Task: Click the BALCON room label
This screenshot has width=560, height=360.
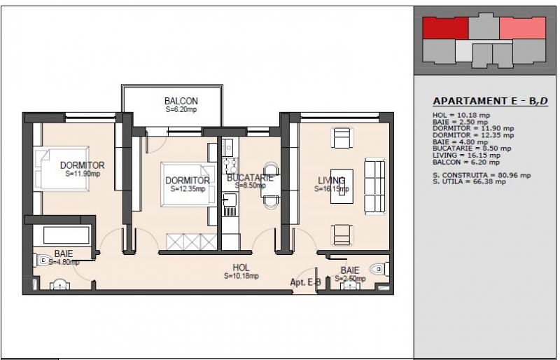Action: [181, 101]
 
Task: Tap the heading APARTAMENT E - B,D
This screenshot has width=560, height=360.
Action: [490, 102]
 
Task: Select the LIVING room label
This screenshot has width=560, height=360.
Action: [331, 181]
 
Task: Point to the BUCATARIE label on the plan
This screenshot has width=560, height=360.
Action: [250, 178]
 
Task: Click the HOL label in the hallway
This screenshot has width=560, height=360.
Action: [241, 267]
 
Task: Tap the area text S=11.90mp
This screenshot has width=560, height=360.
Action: [83, 174]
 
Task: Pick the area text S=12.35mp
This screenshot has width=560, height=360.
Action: [188, 188]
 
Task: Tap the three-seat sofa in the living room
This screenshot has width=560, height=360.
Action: [374, 186]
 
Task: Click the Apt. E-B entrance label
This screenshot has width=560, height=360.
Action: [306, 283]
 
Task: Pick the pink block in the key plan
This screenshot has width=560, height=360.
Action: [522, 28]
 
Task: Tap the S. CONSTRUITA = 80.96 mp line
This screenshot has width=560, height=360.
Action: [482, 176]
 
